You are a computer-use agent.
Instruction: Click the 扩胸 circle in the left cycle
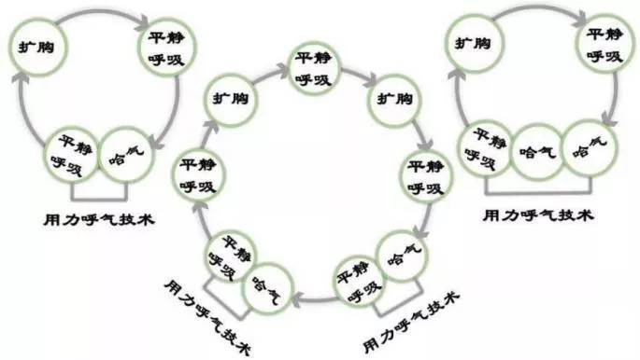(x=36, y=43)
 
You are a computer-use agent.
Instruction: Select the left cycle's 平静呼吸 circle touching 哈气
(x=74, y=152)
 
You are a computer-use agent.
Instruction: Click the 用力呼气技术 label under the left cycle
(x=100, y=220)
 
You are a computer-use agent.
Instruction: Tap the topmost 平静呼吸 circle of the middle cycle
(x=314, y=67)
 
